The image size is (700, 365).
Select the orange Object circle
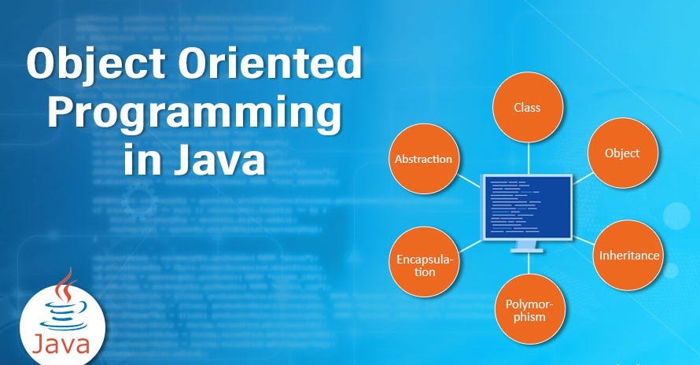[621, 153]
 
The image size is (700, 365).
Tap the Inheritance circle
[628, 255]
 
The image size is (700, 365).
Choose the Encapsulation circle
[426, 264]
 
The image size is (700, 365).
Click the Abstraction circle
[423, 159]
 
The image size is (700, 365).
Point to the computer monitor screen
[527, 207]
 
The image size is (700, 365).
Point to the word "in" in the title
[139, 161]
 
